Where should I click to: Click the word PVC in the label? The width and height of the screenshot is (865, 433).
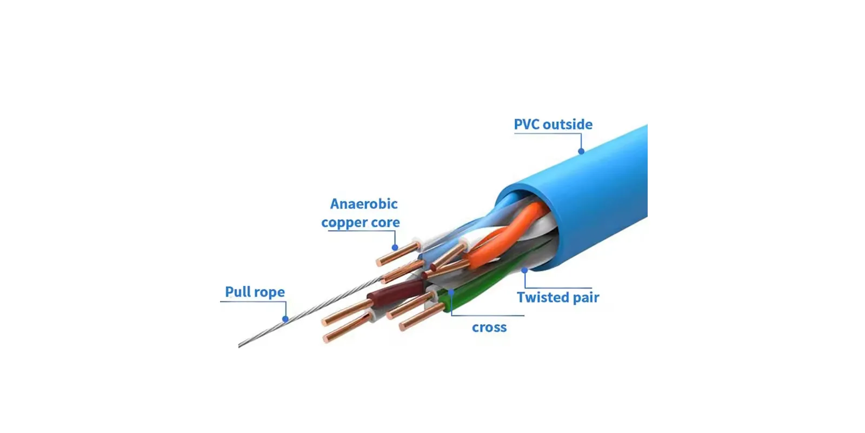pyautogui.click(x=527, y=124)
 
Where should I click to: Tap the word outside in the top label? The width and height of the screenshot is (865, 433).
pyautogui.click(x=568, y=124)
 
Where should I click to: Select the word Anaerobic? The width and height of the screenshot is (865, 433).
pyautogui.click(x=364, y=204)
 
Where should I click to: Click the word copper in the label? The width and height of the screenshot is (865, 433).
pyautogui.click(x=344, y=223)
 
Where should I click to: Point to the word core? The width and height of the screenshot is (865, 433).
pyautogui.click(x=385, y=222)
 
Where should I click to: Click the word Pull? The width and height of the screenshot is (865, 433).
pyautogui.click(x=238, y=292)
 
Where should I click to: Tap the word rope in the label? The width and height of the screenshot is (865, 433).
pyautogui.click(x=270, y=293)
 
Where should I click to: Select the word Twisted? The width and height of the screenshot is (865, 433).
pyautogui.click(x=542, y=297)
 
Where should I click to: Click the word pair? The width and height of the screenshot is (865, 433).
pyautogui.click(x=586, y=298)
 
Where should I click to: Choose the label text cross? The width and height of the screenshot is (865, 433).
pyautogui.click(x=489, y=327)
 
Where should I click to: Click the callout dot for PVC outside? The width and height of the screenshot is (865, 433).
pyautogui.click(x=581, y=152)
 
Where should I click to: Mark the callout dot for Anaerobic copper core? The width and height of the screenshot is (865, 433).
pyautogui.click(x=395, y=248)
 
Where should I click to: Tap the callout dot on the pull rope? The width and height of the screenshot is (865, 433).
pyautogui.click(x=285, y=319)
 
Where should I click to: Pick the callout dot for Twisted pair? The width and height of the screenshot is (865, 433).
pyautogui.click(x=524, y=270)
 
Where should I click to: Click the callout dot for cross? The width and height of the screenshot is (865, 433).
pyautogui.click(x=451, y=292)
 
